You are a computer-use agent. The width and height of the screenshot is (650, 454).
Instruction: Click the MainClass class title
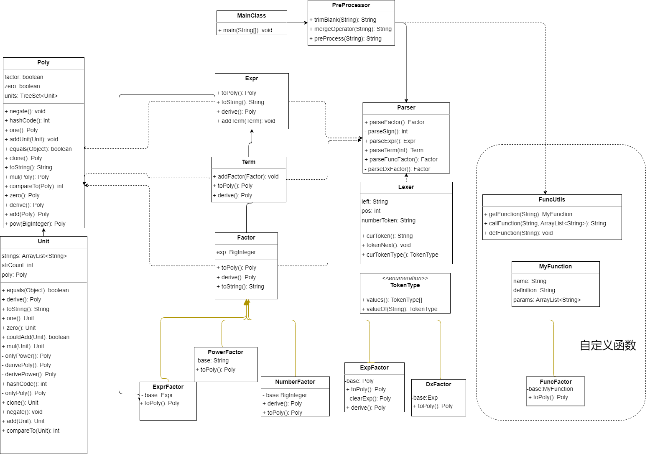251,15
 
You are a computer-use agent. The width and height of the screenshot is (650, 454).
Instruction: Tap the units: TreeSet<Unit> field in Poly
31,96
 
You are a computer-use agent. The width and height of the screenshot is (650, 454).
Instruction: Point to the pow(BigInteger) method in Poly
35,224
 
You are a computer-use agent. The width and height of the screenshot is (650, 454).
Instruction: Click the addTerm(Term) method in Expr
246,121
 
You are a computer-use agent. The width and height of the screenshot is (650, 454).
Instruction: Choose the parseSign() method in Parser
386,132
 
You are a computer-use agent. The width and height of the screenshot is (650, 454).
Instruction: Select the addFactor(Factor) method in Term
245,176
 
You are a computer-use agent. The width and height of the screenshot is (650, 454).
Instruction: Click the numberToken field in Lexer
388,220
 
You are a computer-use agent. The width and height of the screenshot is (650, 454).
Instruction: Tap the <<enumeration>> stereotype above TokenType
405,278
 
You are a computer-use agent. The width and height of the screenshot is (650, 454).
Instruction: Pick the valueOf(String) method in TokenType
399,309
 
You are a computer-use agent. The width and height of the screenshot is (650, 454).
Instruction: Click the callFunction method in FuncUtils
545,224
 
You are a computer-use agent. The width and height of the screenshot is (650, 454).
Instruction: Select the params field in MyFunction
547,300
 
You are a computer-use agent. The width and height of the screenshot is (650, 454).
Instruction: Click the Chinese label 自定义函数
608,345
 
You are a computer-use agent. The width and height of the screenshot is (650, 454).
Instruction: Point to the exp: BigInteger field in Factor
236,252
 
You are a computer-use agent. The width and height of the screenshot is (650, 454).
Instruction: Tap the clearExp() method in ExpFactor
368,398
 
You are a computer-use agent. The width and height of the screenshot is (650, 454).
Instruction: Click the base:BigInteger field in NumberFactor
285,395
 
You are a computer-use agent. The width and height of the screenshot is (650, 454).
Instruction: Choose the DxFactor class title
438,384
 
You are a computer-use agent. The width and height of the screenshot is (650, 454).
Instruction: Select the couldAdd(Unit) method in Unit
36,337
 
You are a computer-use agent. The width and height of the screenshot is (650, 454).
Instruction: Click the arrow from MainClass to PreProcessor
297,23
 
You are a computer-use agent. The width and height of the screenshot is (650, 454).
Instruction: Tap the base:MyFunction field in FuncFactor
550,389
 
